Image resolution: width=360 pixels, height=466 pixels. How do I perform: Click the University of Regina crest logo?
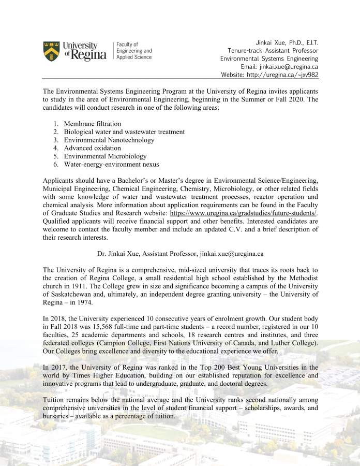(51, 50)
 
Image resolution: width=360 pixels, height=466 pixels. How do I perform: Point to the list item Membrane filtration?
(93, 124)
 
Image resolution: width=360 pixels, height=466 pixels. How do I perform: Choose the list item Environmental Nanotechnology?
(109, 140)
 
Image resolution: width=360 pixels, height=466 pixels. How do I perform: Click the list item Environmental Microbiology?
(106, 156)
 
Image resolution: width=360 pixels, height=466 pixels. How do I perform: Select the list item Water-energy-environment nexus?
(112, 165)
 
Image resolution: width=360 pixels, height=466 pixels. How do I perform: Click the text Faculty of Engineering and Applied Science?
(134, 51)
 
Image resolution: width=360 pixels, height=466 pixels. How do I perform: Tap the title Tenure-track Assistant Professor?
(273, 51)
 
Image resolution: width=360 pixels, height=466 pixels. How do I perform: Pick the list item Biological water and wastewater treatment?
(124, 132)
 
